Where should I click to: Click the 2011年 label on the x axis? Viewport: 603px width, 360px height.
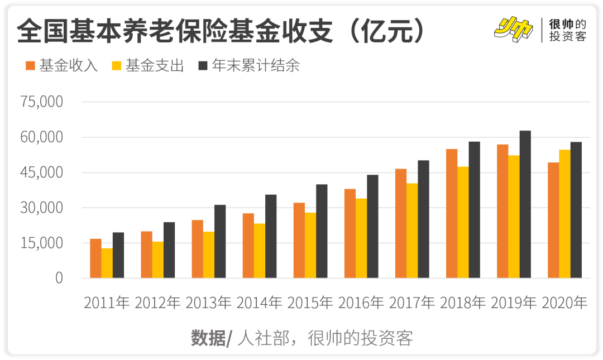(107, 303)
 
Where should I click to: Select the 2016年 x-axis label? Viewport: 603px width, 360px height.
(361, 303)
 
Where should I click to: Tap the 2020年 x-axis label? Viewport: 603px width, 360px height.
(564, 303)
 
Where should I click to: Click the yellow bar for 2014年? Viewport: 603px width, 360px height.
(260, 251)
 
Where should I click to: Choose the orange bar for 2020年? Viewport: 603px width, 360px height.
(553, 220)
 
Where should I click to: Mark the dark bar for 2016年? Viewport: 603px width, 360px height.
(372, 227)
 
